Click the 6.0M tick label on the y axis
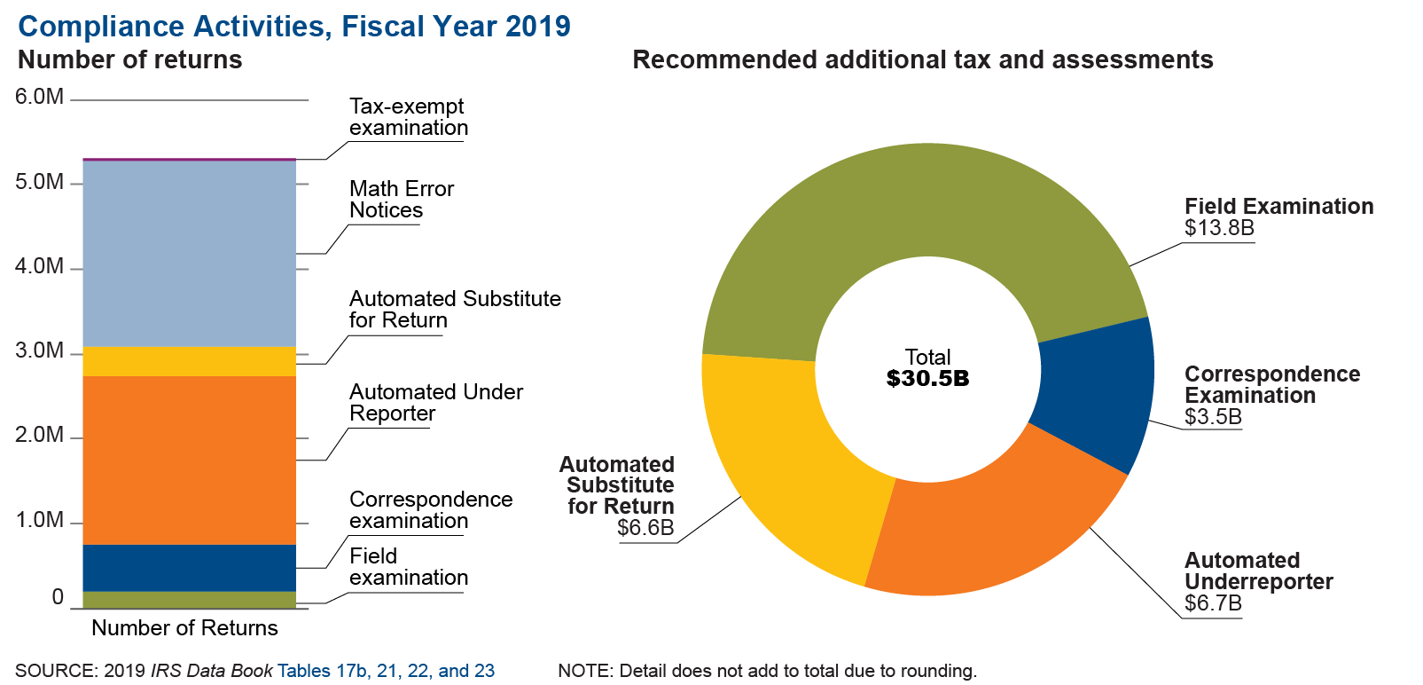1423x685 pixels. pos(39,97)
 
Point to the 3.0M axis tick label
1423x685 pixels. pos(39,351)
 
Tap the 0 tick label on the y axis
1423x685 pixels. pos(58,597)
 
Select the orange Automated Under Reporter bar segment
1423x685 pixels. pos(189,460)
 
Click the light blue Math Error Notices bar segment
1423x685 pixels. pos(189,254)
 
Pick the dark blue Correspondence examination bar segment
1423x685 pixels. pos(189,568)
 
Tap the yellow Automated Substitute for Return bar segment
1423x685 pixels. pos(189,361)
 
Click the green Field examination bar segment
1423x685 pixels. pos(189,600)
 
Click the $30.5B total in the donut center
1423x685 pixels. pos(927,379)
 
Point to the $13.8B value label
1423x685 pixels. pos(1219,228)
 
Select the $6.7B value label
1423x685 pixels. pos(1213,603)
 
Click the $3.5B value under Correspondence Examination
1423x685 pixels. pos(1213,417)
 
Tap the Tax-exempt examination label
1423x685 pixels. pos(408,117)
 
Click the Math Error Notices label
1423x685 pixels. pos(401,200)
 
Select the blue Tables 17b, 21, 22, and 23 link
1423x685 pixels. pos(386,671)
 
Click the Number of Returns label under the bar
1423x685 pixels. pos(184,628)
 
